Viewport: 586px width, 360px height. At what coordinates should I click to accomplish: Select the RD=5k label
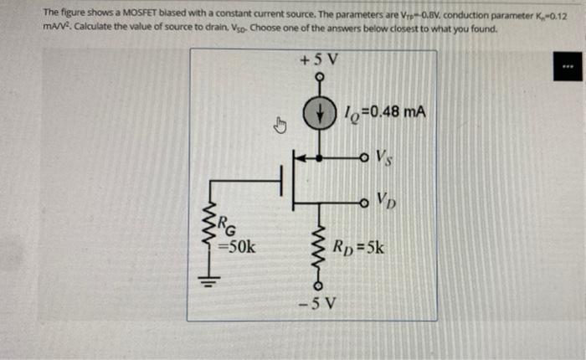pyautogui.click(x=358, y=247)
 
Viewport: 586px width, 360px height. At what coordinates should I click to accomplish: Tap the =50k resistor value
pyautogui.click(x=237, y=247)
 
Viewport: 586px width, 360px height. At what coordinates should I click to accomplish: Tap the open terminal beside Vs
pyautogui.click(x=362, y=155)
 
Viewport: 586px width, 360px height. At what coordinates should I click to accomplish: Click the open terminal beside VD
pyautogui.click(x=362, y=202)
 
